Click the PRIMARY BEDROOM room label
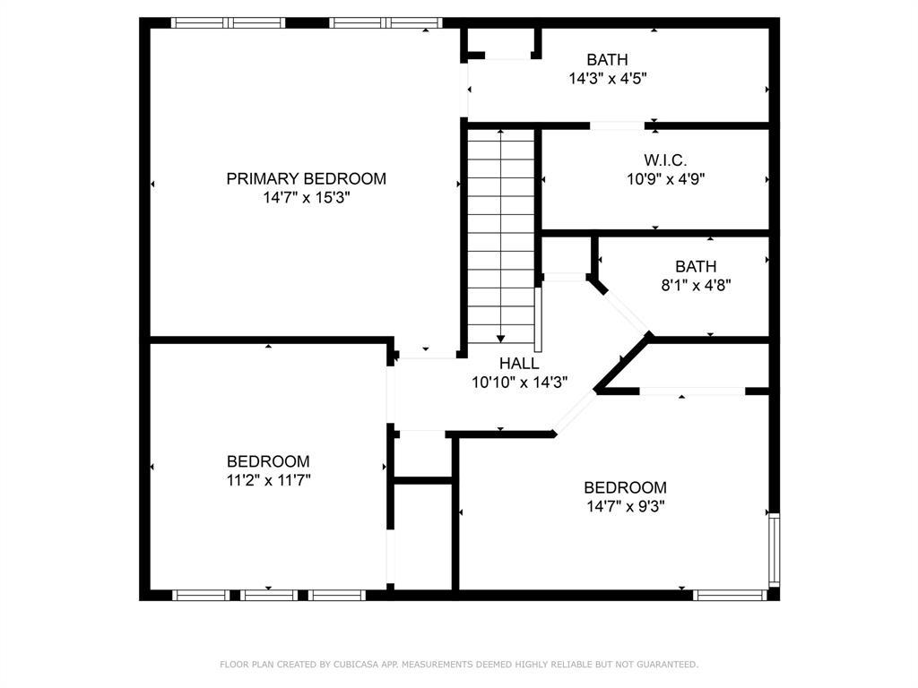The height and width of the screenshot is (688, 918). [x=306, y=178]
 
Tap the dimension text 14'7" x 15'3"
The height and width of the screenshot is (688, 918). [x=306, y=197]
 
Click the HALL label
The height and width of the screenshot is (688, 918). [x=519, y=364]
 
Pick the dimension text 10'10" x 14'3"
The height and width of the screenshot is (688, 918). [x=519, y=382]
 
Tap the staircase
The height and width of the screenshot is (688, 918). [x=501, y=233]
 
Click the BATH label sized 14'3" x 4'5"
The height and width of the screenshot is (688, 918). [x=607, y=60]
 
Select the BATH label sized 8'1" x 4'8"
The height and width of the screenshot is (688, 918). [x=696, y=266]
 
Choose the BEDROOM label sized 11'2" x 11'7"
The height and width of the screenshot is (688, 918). [x=268, y=461]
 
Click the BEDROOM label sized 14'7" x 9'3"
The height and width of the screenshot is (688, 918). [x=625, y=487]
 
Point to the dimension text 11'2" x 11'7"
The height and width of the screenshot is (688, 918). [x=268, y=480]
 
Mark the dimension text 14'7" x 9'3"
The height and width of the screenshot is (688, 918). [x=625, y=506]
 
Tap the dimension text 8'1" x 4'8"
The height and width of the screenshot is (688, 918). [x=696, y=285]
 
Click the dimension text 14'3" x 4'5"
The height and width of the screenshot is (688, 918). [x=607, y=79]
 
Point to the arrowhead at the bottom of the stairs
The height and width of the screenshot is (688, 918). [x=500, y=338]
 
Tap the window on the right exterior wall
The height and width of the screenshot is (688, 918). [x=774, y=549]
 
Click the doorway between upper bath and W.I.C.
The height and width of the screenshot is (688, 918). [x=617, y=125]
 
